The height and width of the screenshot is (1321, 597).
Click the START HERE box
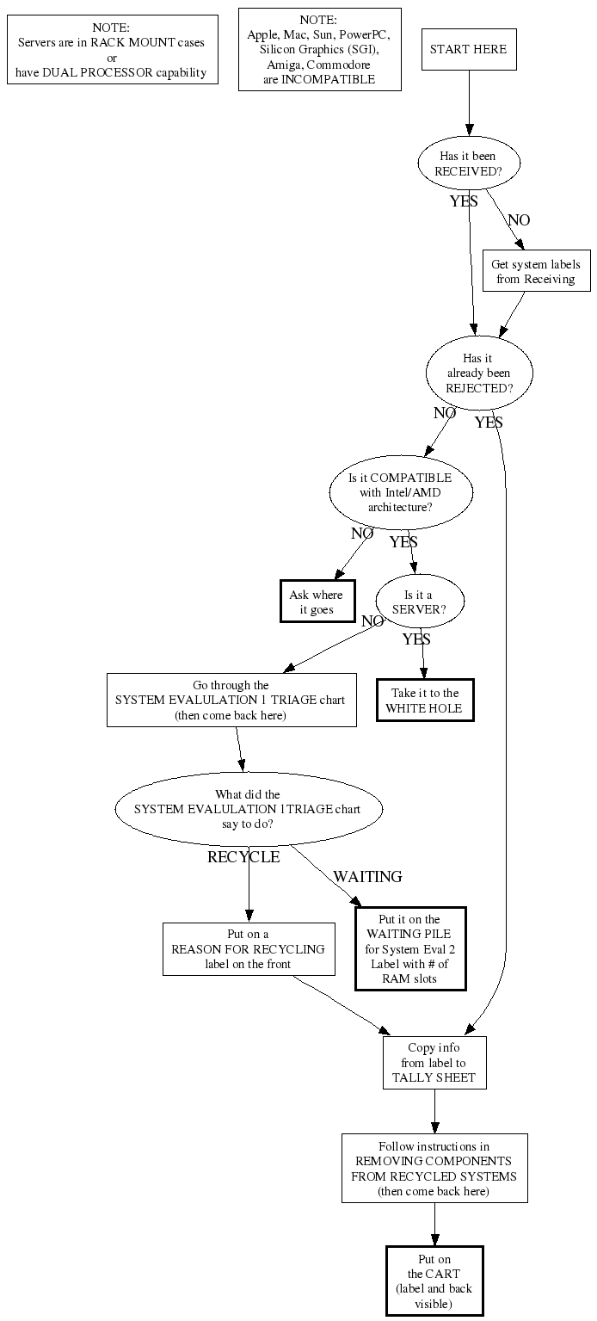[x=468, y=49]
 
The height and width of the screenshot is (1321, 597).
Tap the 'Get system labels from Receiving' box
[x=535, y=271]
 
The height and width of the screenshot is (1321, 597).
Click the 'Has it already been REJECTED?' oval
[x=479, y=373]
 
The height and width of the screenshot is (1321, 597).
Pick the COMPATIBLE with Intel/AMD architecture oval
[x=400, y=492]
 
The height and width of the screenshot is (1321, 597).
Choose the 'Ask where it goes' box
[x=316, y=602]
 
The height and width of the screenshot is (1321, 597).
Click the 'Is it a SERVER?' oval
[x=419, y=602]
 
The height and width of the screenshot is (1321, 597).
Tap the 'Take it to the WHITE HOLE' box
[x=425, y=701]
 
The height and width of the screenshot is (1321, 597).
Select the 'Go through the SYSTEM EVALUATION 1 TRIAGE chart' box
[x=231, y=700]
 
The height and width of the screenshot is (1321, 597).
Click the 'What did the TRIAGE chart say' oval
[x=248, y=809]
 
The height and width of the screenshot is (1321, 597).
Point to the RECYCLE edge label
[x=243, y=857]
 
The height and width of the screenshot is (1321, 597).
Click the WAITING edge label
[x=367, y=877]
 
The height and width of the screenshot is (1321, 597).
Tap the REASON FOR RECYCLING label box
[x=248, y=949]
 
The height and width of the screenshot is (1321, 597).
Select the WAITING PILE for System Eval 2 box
[x=409, y=948]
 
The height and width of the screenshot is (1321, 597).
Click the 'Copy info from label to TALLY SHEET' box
[x=434, y=1063]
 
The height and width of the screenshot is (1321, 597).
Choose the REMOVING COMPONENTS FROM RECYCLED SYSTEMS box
[x=434, y=1168]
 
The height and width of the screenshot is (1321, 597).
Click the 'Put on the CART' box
[x=434, y=1281]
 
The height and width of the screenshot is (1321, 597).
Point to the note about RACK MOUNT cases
[x=112, y=50]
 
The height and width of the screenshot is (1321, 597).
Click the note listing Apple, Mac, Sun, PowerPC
[x=318, y=49]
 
